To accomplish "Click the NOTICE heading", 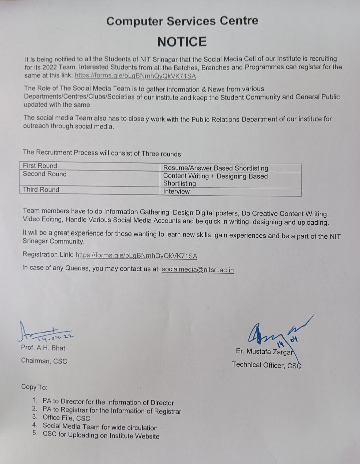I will click(182, 42).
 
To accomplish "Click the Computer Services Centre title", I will click(182, 21).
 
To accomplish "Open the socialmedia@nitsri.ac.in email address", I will click(198, 270).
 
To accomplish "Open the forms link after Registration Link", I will click(136, 256).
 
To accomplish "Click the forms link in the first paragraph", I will click(135, 76).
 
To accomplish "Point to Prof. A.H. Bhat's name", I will click(43, 348).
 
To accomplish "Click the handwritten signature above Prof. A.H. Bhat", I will click(43, 332).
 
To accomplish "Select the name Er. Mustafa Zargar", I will click(264, 352).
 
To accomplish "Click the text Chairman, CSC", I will click(44, 361).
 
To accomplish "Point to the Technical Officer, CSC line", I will click(266, 365).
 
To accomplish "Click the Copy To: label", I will click(34, 387).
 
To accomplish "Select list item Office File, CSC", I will click(66, 418).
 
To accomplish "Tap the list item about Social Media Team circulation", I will click(100, 427).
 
